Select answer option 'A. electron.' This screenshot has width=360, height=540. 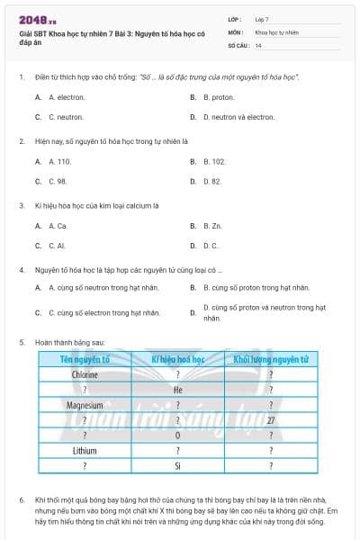[x=67, y=97]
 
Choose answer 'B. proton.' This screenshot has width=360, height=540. [x=219, y=97]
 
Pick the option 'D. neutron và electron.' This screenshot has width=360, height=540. [x=238, y=117]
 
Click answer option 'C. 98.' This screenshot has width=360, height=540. [x=58, y=182]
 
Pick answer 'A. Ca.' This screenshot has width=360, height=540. [x=58, y=226]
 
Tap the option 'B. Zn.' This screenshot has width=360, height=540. [x=212, y=226]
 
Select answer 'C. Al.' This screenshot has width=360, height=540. [x=58, y=246]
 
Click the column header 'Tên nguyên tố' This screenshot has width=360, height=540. [x=85, y=359]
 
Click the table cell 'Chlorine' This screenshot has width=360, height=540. [x=85, y=374]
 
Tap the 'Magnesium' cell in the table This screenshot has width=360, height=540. [x=85, y=405]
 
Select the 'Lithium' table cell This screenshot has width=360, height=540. [x=85, y=451]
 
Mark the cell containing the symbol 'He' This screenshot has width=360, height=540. [x=178, y=390]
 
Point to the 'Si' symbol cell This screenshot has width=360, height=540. [x=178, y=466]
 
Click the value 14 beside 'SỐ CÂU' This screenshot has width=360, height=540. [x=259, y=44]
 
